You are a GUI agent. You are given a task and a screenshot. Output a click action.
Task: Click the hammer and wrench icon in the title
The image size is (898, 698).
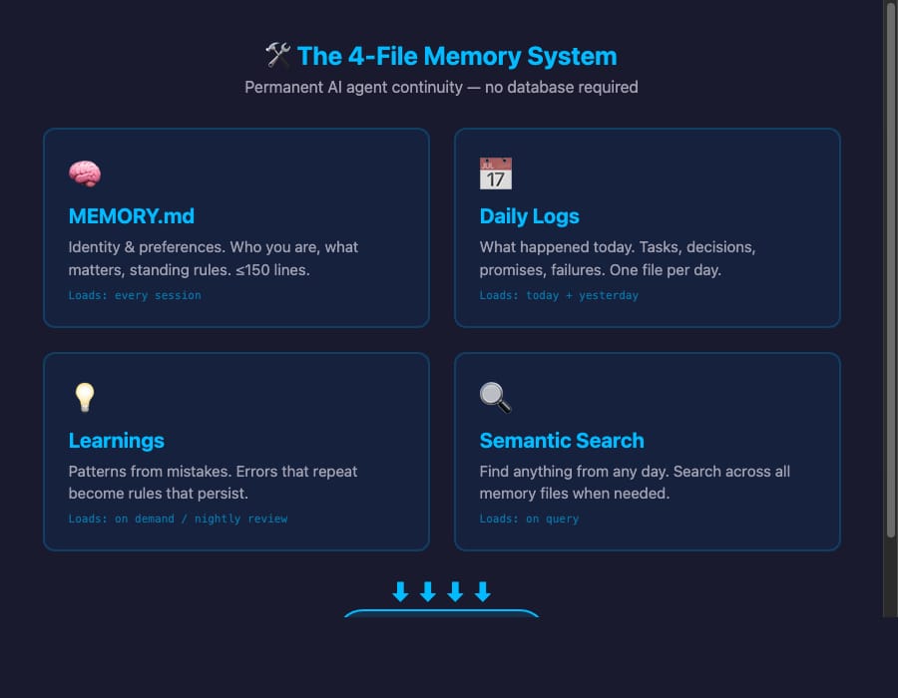click(277, 55)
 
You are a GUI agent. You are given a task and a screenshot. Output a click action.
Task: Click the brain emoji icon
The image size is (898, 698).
click(85, 174)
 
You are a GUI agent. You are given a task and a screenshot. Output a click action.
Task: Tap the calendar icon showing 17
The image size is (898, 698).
click(496, 174)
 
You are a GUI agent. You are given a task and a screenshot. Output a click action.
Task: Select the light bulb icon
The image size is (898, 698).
click(85, 398)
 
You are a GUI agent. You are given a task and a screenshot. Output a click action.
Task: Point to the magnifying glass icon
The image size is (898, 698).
click(496, 398)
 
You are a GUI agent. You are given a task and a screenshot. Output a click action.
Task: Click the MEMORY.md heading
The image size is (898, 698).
click(132, 216)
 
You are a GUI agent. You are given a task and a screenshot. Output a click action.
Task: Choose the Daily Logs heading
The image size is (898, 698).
click(529, 216)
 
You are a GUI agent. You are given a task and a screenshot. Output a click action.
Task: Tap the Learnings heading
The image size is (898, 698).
click(116, 441)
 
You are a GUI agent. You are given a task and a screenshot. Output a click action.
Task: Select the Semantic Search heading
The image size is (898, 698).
click(562, 441)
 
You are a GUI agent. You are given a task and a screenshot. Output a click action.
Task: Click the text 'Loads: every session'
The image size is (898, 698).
click(135, 295)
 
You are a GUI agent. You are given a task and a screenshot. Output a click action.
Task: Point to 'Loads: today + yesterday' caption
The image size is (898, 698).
click(559, 295)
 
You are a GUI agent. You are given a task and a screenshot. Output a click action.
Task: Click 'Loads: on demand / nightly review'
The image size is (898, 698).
click(178, 519)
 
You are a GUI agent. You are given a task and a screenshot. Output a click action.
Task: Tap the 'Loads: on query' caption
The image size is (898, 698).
click(529, 519)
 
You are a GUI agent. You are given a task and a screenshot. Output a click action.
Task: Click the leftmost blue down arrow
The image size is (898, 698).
click(400, 592)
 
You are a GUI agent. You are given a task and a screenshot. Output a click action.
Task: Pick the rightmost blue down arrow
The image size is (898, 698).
click(483, 592)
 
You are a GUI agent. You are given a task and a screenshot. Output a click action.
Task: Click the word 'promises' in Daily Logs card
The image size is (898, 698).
click(512, 269)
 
